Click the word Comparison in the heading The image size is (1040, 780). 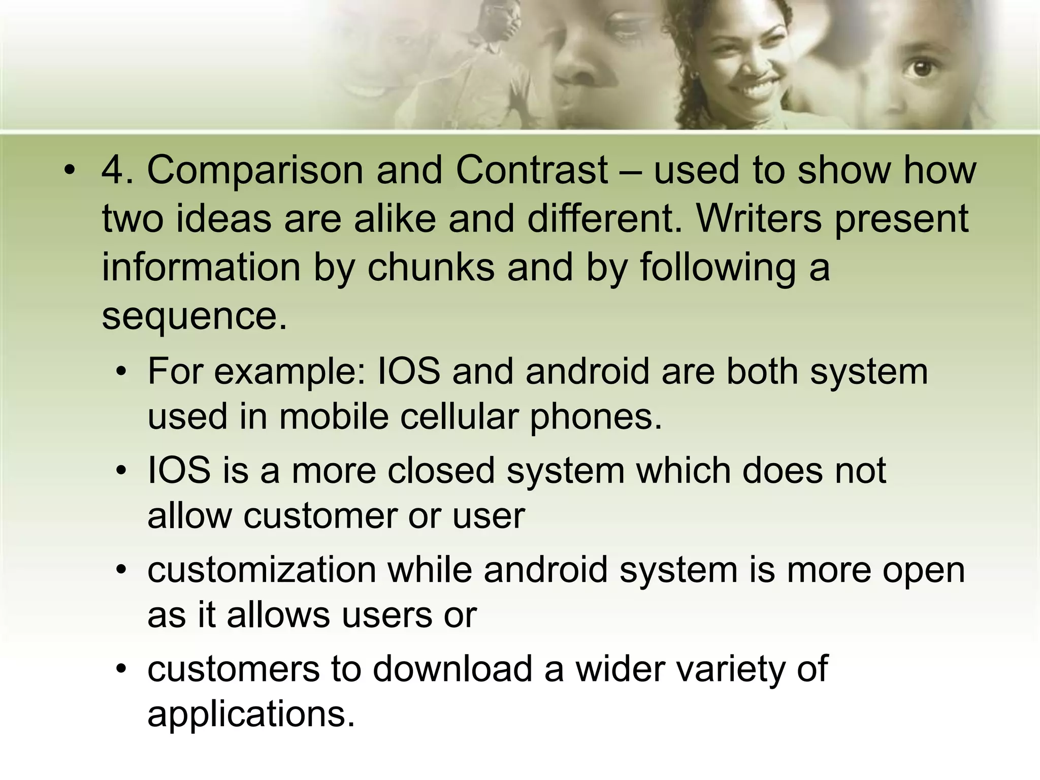(255, 171)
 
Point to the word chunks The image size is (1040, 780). (431, 268)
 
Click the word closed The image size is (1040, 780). (441, 471)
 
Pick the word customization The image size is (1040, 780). (262, 570)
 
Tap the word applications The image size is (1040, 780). (251, 714)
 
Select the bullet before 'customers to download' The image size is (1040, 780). (121, 669)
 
